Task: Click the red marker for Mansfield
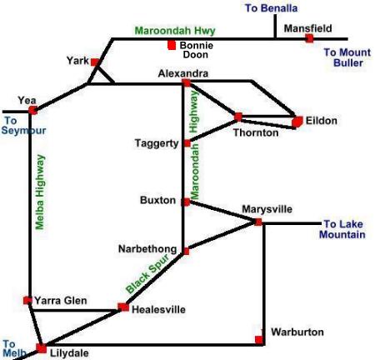tap(309, 38)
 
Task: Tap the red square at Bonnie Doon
tap(172, 45)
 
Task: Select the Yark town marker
tap(95, 62)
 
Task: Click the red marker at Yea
tap(32, 110)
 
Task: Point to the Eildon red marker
tap(297, 122)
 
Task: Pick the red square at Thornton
tap(238, 117)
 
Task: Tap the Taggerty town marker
tap(187, 143)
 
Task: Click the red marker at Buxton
tap(186, 202)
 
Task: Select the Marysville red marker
tap(258, 222)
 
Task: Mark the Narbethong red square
tap(186, 252)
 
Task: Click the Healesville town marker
tap(123, 307)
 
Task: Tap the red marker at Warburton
tap(259, 340)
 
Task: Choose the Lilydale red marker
tap(42, 348)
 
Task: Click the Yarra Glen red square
tap(27, 300)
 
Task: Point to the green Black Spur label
tap(147, 273)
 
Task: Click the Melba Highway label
tap(40, 192)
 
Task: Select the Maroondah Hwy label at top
tap(175, 30)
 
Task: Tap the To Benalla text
tap(271, 8)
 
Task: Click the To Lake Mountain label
tap(342, 229)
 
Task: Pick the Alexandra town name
tap(183, 73)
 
